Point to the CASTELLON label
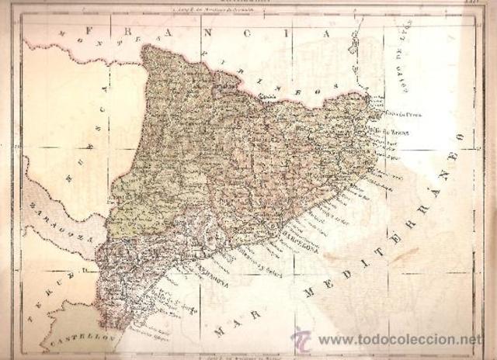(x=78, y=341)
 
